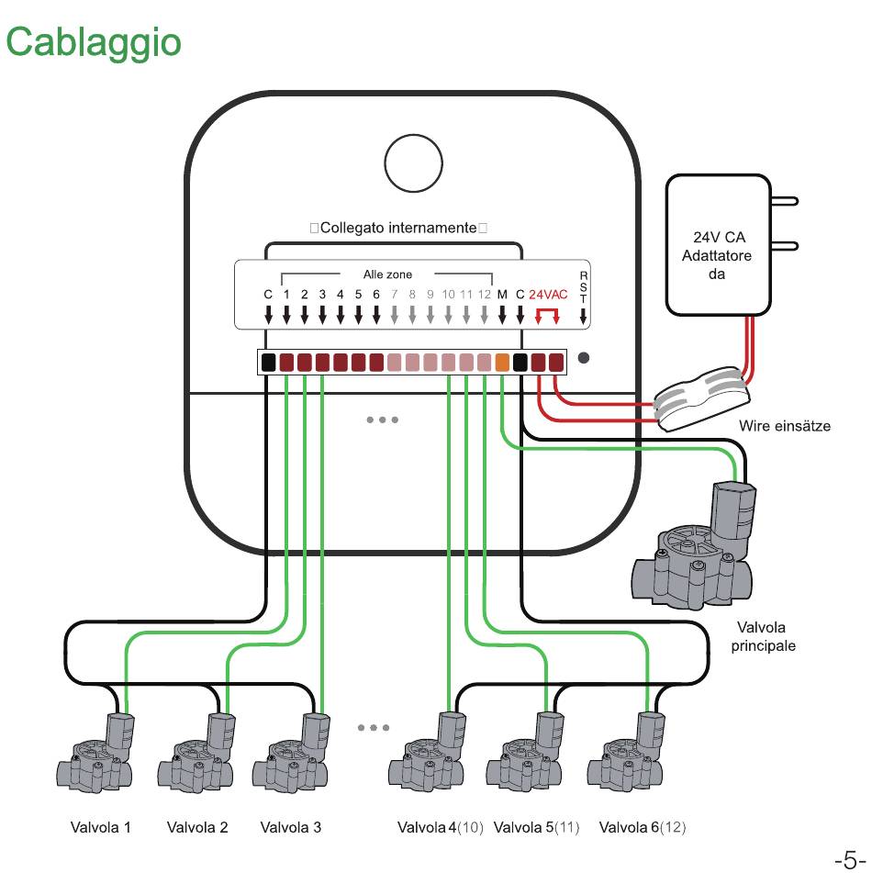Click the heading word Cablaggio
94,43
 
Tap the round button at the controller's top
413,163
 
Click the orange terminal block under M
502,363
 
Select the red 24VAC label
548,295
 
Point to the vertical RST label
583,287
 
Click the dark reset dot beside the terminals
583,358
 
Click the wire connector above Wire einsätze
701,397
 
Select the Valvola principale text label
763,636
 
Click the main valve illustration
694,545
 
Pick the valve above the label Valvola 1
95,751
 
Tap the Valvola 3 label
291,827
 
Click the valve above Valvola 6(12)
626,751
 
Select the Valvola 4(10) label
440,827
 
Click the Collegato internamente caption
398,228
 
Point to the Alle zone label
387,274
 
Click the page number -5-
850,860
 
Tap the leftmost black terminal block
268,363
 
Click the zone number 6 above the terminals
375,295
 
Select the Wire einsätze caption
785,426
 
